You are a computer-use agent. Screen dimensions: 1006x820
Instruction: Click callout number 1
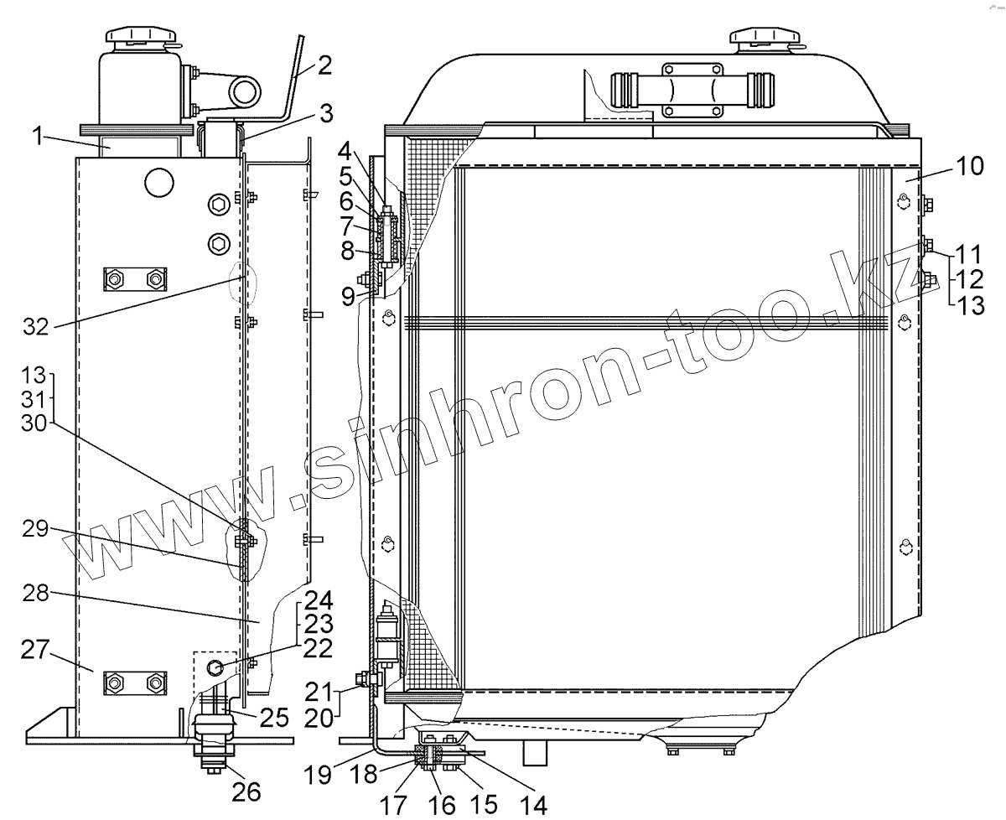click(38, 137)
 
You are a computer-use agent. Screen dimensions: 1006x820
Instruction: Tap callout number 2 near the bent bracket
click(324, 65)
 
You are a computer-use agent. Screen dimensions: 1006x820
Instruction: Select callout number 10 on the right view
click(970, 166)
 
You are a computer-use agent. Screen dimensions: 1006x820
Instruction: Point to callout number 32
click(36, 326)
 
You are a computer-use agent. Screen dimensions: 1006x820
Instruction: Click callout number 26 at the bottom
click(246, 791)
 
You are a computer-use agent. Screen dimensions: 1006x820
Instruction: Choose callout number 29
click(35, 528)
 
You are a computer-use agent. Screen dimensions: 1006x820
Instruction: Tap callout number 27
click(34, 649)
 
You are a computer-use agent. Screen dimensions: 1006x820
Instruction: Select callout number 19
click(318, 775)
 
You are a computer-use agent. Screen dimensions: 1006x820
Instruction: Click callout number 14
click(533, 805)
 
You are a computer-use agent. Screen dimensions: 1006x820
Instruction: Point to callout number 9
click(348, 296)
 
